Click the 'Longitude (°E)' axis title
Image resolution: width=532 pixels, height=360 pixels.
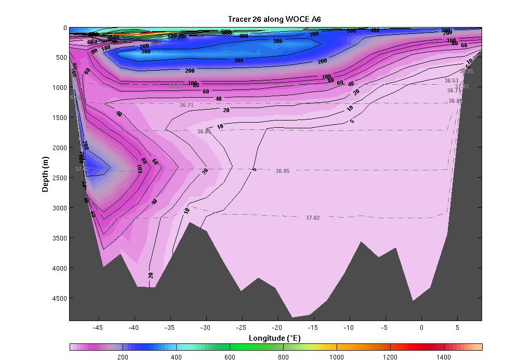coord(275,338)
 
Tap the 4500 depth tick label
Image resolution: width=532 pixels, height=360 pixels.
coord(58,298)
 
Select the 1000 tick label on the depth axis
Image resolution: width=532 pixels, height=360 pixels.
coord(58,88)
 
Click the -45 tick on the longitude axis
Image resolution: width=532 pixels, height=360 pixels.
coord(99,327)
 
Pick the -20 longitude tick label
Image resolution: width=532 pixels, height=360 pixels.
coord(277,327)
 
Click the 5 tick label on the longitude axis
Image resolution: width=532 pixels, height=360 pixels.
coord(457,327)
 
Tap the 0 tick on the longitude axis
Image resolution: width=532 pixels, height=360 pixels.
coord(421,327)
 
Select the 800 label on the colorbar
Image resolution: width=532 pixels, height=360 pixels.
coord(283,357)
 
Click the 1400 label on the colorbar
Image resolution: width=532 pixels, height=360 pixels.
coord(444,357)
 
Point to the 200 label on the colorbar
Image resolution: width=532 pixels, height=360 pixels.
coord(123,357)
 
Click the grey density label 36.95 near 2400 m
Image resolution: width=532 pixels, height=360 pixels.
coord(283,171)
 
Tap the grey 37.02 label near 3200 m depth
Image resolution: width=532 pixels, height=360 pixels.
coord(313,218)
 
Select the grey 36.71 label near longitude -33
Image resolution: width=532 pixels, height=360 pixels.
coord(187,105)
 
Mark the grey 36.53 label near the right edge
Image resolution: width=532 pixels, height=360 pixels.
coord(451,81)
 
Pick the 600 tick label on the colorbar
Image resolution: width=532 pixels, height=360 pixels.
coord(230,357)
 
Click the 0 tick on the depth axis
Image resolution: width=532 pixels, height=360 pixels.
coord(64,28)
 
